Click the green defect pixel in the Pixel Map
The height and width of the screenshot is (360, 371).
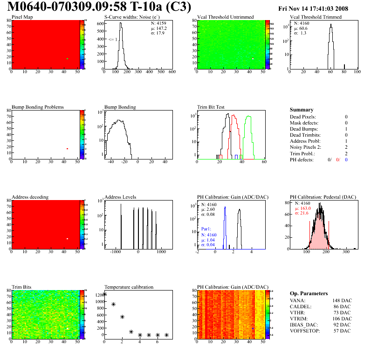pos(67,59)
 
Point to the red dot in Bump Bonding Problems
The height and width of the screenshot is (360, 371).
pos(67,149)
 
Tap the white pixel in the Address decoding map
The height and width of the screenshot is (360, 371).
pos(67,239)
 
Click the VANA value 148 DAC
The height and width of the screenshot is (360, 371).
pos(341,300)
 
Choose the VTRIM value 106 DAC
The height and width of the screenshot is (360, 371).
pos(341,318)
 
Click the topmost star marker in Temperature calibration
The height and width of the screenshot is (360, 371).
pos(105,294)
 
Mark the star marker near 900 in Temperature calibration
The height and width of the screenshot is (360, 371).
pos(113,305)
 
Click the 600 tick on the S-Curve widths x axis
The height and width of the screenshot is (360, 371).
pos(172,72)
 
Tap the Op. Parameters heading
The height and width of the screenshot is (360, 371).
pos(309,293)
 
